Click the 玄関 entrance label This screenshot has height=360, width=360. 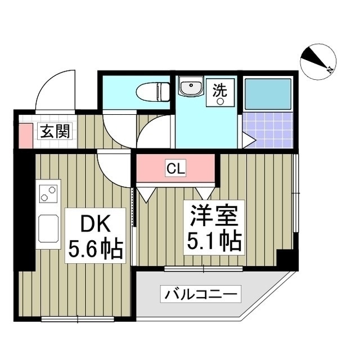click(x=55, y=132)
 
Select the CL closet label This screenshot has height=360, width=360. click(x=174, y=167)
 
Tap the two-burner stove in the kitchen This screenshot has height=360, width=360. click(x=48, y=194)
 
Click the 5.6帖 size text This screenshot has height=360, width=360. click(x=95, y=249)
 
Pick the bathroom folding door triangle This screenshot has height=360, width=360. click(x=249, y=138)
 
